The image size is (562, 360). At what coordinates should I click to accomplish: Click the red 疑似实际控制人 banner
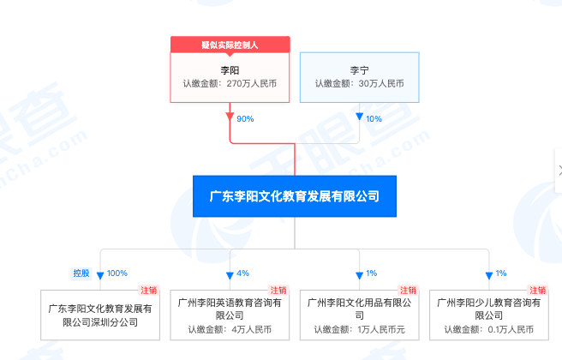[230, 45]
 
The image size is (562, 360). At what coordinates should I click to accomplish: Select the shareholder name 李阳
[230, 70]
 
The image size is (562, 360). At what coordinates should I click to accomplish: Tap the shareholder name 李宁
[360, 70]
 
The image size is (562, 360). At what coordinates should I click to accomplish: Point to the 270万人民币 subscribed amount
[252, 83]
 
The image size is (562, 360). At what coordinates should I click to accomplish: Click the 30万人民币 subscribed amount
[381, 83]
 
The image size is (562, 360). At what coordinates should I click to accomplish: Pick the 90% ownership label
[245, 118]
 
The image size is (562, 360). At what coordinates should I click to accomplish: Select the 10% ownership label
[374, 118]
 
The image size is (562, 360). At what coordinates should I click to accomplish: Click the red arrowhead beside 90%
[230, 117]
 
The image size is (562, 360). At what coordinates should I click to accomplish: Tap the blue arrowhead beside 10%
[360, 117]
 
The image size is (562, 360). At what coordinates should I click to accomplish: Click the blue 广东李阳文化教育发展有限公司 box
[295, 196]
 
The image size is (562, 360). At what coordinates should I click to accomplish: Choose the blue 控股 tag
[81, 273]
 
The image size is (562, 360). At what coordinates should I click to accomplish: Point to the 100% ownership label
[117, 273]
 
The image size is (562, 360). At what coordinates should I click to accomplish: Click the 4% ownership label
[243, 273]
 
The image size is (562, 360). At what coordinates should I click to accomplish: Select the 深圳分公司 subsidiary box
[100, 315]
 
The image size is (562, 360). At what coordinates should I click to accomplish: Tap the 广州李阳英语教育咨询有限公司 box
[230, 315]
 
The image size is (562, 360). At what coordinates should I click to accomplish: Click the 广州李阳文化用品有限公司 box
[360, 315]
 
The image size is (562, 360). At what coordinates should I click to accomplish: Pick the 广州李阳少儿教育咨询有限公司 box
[489, 315]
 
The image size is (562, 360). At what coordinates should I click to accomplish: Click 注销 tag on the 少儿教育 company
[538, 290]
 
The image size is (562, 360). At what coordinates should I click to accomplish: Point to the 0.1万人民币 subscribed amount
[511, 329]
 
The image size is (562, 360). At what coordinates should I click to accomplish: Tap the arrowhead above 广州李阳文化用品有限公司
[360, 275]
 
